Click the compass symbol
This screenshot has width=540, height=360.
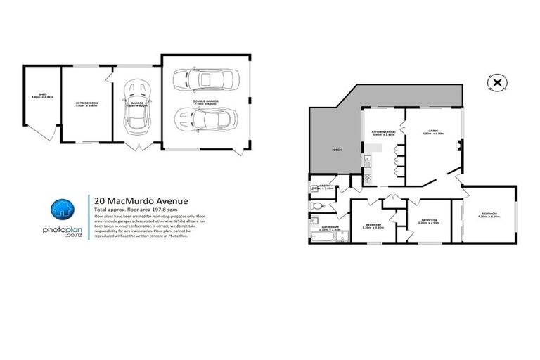coord(497,82)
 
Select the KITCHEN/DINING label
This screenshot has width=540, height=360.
coord(383,131)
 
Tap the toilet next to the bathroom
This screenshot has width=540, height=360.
coord(317,205)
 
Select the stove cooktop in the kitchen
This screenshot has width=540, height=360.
coord(366,179)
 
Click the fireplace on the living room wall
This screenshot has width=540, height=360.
coord(459,147)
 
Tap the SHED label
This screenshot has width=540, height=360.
coord(42,96)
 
